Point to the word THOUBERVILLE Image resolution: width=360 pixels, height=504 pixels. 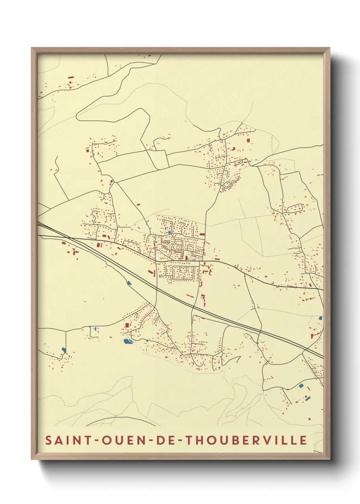(x=246, y=440)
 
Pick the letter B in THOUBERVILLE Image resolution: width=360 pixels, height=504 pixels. (x=239, y=440)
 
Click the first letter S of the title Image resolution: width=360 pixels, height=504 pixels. (x=49, y=440)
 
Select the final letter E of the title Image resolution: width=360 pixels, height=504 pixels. (x=304, y=440)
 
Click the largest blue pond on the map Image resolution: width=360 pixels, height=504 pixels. (x=128, y=341)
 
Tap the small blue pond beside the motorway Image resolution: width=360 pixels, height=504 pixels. (x=129, y=283)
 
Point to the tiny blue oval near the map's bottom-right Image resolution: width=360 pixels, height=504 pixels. (x=309, y=419)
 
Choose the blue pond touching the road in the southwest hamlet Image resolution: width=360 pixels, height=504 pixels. (x=64, y=349)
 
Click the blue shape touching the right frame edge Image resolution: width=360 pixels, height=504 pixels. (x=320, y=318)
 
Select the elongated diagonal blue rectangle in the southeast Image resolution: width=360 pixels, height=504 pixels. (x=308, y=398)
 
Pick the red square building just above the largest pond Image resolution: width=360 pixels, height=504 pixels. (x=127, y=325)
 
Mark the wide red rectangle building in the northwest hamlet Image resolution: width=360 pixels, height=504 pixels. (x=71, y=77)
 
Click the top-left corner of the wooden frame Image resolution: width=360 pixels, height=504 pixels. (x=32, y=48)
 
